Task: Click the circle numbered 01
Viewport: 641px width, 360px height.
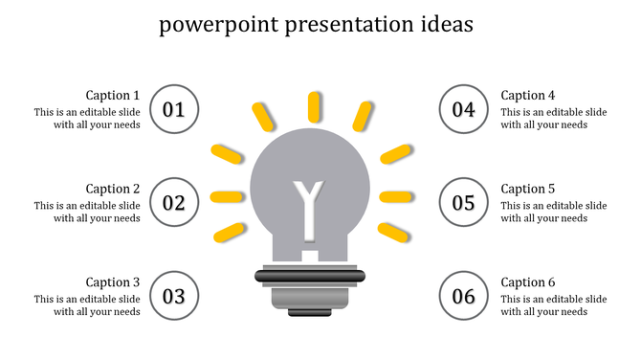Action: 174,109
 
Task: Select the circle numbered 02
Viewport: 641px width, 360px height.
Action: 174,203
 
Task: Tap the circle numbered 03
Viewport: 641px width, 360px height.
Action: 174,296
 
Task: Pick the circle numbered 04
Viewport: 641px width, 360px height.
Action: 464,109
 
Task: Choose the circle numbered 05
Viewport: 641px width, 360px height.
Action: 464,203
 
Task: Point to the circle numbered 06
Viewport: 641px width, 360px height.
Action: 464,296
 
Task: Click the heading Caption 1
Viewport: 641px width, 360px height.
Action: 113,95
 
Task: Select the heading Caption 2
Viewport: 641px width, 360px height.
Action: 113,189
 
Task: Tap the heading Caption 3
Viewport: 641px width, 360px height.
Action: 113,282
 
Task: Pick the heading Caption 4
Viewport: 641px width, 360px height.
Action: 528,95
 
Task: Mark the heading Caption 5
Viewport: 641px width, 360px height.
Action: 528,189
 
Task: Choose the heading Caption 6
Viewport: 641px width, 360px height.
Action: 528,282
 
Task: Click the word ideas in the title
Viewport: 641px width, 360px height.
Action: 443,25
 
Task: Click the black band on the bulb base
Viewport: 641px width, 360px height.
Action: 309,277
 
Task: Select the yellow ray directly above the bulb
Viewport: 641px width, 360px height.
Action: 315,106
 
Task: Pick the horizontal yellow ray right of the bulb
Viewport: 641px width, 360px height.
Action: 395,197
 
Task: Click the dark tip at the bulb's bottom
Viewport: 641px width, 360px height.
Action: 309,311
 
